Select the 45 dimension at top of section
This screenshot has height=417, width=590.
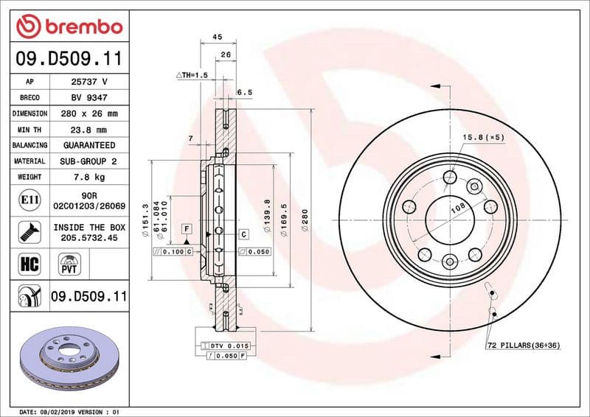[x=218, y=36]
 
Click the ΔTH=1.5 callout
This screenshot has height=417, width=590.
[x=192, y=76]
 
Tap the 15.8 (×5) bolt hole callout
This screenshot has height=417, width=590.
[x=483, y=138]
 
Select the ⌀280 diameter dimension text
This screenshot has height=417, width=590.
[x=305, y=222]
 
